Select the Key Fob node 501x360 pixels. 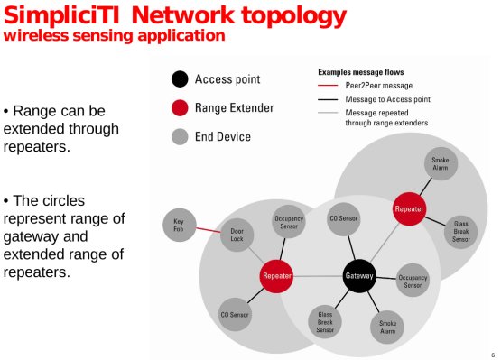180,226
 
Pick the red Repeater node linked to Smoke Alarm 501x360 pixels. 409,209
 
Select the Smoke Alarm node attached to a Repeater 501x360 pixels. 440,165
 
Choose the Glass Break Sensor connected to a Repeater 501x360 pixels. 460,230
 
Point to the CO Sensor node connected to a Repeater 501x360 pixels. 236,316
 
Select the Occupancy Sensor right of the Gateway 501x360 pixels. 413,281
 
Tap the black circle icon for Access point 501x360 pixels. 180,78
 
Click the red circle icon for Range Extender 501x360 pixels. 180,108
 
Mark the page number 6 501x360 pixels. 492,353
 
